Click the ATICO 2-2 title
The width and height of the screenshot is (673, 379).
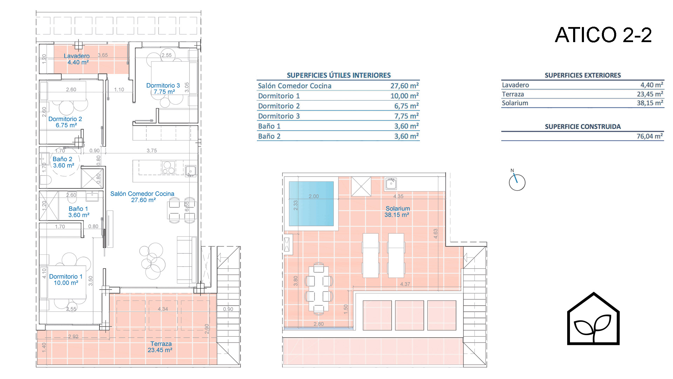click(603, 35)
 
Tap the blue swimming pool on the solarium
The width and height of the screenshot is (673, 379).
click(311, 204)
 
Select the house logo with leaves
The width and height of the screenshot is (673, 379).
click(593, 319)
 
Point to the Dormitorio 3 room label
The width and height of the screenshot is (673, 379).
click(163, 88)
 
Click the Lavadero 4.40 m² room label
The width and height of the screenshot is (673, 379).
click(77, 59)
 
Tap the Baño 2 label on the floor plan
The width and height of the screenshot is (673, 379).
click(63, 162)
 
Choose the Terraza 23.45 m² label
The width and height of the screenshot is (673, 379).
click(160, 347)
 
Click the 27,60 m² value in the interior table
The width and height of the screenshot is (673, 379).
click(405, 86)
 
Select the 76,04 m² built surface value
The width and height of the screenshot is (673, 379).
click(650, 136)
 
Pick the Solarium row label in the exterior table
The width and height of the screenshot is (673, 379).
click(515, 103)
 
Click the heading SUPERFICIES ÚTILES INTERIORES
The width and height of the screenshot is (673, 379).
click(339, 75)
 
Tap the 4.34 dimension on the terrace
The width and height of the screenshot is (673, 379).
click(163, 309)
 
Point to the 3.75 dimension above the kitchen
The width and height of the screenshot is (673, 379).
click(152, 151)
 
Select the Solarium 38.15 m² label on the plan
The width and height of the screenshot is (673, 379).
click(397, 212)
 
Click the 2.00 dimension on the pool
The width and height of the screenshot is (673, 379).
click(314, 197)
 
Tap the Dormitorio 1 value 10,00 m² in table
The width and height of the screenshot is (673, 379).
click(405, 96)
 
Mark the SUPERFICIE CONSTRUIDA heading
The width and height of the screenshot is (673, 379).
click(583, 127)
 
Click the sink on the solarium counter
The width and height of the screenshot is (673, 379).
click(391, 184)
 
